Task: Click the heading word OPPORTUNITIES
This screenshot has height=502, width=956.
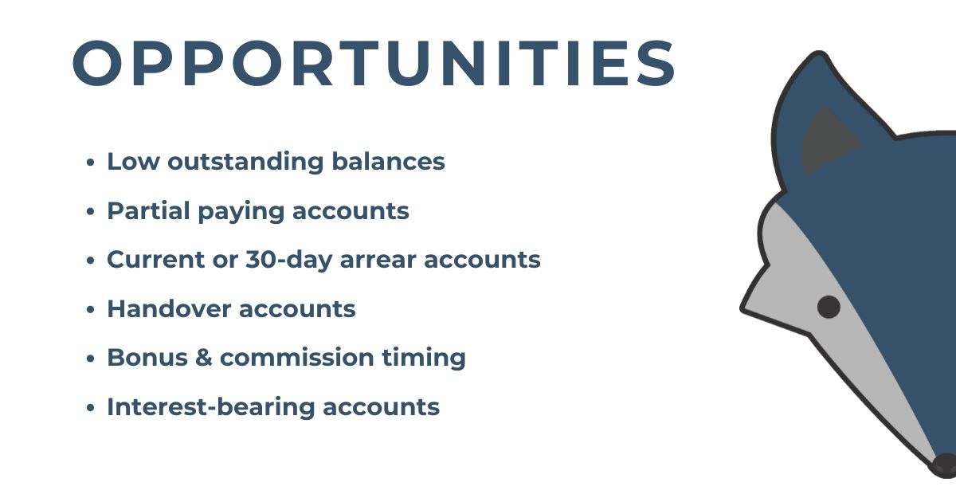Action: (374, 63)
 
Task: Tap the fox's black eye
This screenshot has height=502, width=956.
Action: (829, 307)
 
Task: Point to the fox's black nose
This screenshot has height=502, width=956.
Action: (946, 465)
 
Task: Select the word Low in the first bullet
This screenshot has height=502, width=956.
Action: (133, 161)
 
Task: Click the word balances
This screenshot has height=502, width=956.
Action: (389, 161)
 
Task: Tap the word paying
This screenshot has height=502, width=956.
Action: (241, 212)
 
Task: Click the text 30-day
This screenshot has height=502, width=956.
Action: (289, 261)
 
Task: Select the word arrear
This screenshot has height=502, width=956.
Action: (378, 260)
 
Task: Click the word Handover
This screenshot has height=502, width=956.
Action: (169, 308)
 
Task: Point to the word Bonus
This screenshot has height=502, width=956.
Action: (147, 357)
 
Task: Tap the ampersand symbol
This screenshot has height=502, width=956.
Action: (204, 357)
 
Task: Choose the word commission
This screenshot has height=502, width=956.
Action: (297, 357)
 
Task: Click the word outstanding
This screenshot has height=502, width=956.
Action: (245, 163)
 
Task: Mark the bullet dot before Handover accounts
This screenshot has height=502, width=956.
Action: (90, 309)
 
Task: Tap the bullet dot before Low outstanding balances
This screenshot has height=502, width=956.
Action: (90, 163)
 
